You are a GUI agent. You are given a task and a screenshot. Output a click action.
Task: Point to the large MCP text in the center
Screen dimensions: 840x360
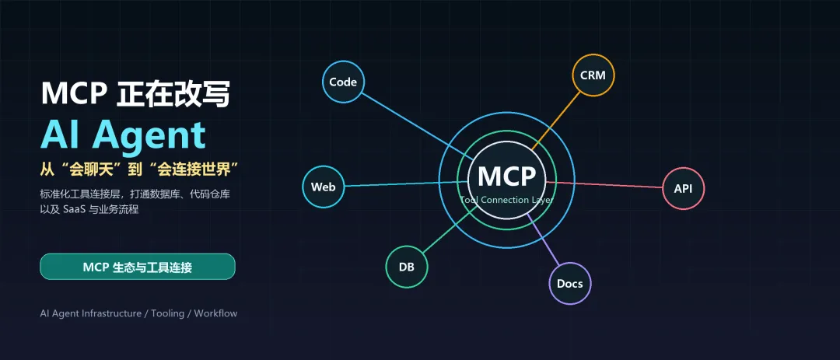[x=507, y=177]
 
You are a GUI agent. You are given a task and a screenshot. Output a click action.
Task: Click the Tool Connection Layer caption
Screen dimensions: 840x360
[x=507, y=200]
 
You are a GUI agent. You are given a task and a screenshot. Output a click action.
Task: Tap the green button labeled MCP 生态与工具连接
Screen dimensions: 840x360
[x=138, y=267]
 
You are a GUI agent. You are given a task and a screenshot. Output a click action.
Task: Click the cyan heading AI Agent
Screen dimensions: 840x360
[x=123, y=134]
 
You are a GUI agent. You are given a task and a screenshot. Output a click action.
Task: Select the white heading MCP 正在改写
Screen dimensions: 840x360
[x=135, y=94]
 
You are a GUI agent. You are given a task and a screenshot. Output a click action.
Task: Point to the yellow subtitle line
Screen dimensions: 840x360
[x=139, y=170]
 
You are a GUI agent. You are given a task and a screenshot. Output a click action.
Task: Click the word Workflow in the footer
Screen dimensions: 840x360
[x=215, y=313]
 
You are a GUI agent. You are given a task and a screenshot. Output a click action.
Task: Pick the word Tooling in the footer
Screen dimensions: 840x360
[x=167, y=313]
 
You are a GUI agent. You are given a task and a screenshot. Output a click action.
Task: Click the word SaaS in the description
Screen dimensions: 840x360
[x=75, y=209]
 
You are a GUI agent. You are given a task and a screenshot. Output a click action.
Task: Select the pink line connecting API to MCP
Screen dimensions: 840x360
[x=604, y=185]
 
